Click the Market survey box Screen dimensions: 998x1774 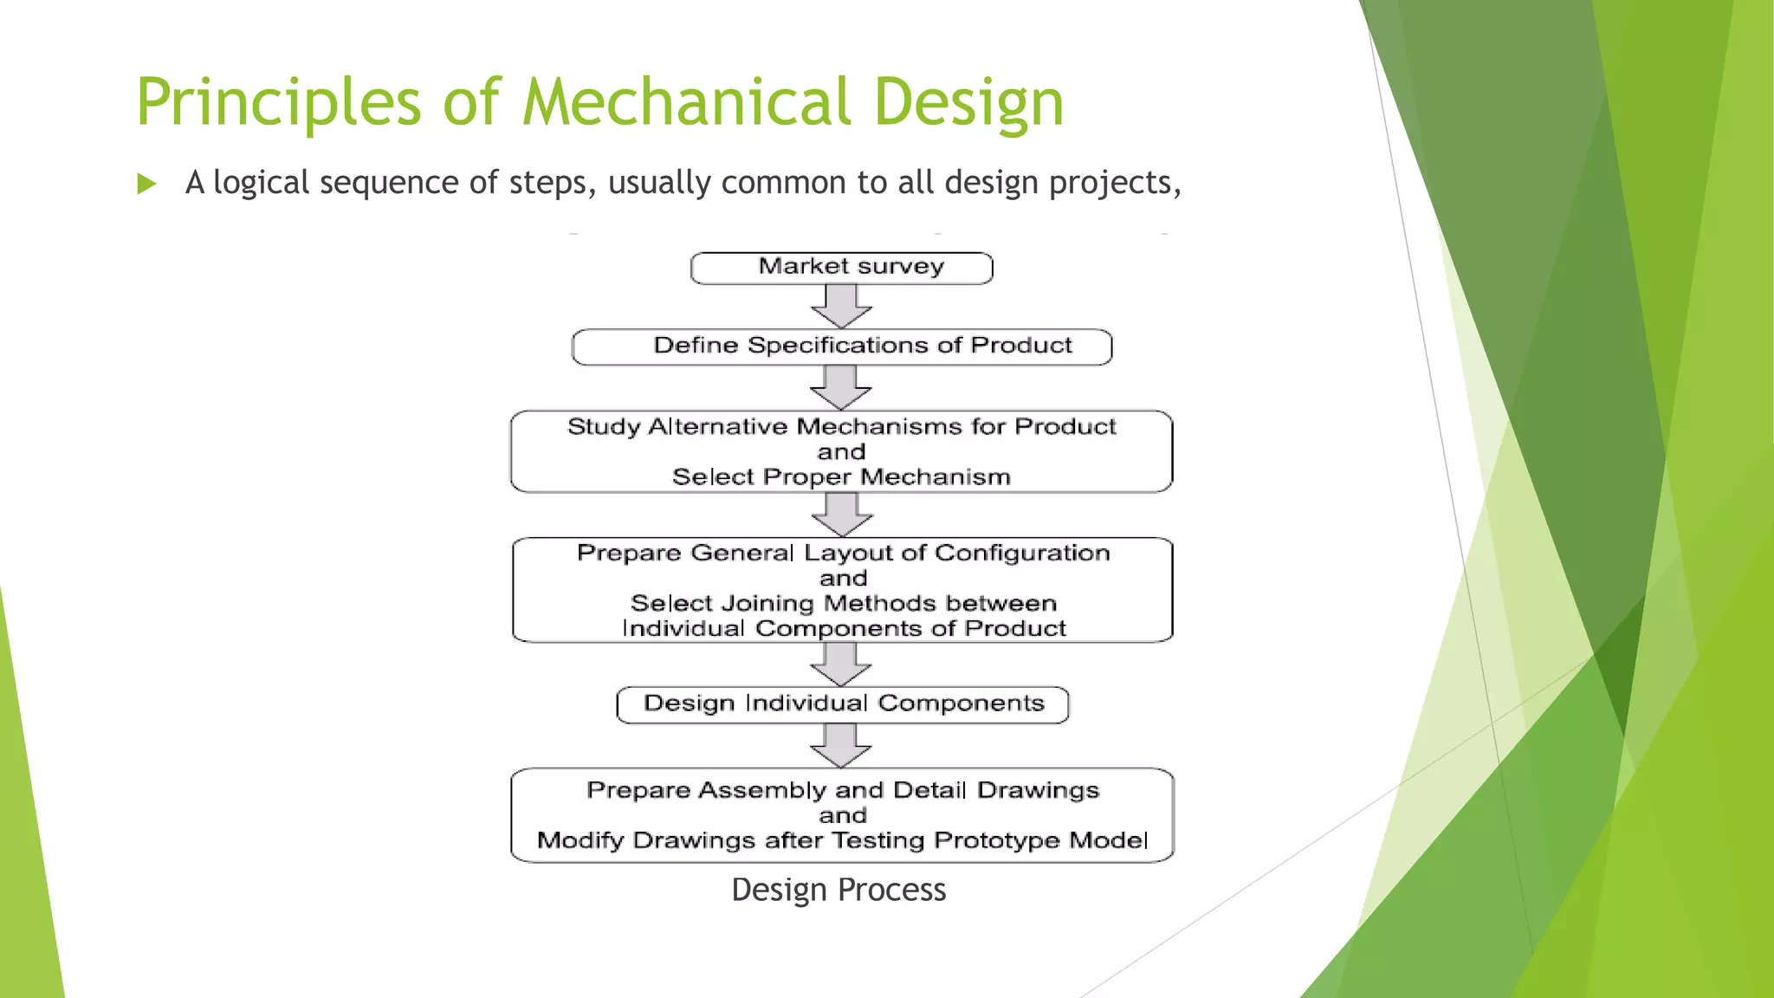[841, 268]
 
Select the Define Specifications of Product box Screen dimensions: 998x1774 [841, 347]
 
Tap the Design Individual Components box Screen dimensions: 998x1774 [842, 704]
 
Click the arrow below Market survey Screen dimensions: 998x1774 [841, 306]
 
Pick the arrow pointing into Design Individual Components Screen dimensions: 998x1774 [841, 664]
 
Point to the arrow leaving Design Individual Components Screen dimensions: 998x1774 [841, 745]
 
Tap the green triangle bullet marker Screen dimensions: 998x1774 [146, 184]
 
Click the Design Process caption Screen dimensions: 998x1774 [838, 890]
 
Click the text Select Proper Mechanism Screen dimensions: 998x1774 [841, 477]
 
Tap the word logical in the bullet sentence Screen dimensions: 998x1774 [261, 183]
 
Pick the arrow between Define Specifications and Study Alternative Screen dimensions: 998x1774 [841, 387]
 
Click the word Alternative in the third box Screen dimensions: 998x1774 [718, 427]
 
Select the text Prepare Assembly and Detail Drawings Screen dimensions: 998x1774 [842, 790]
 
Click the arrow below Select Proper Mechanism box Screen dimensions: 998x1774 [842, 515]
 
